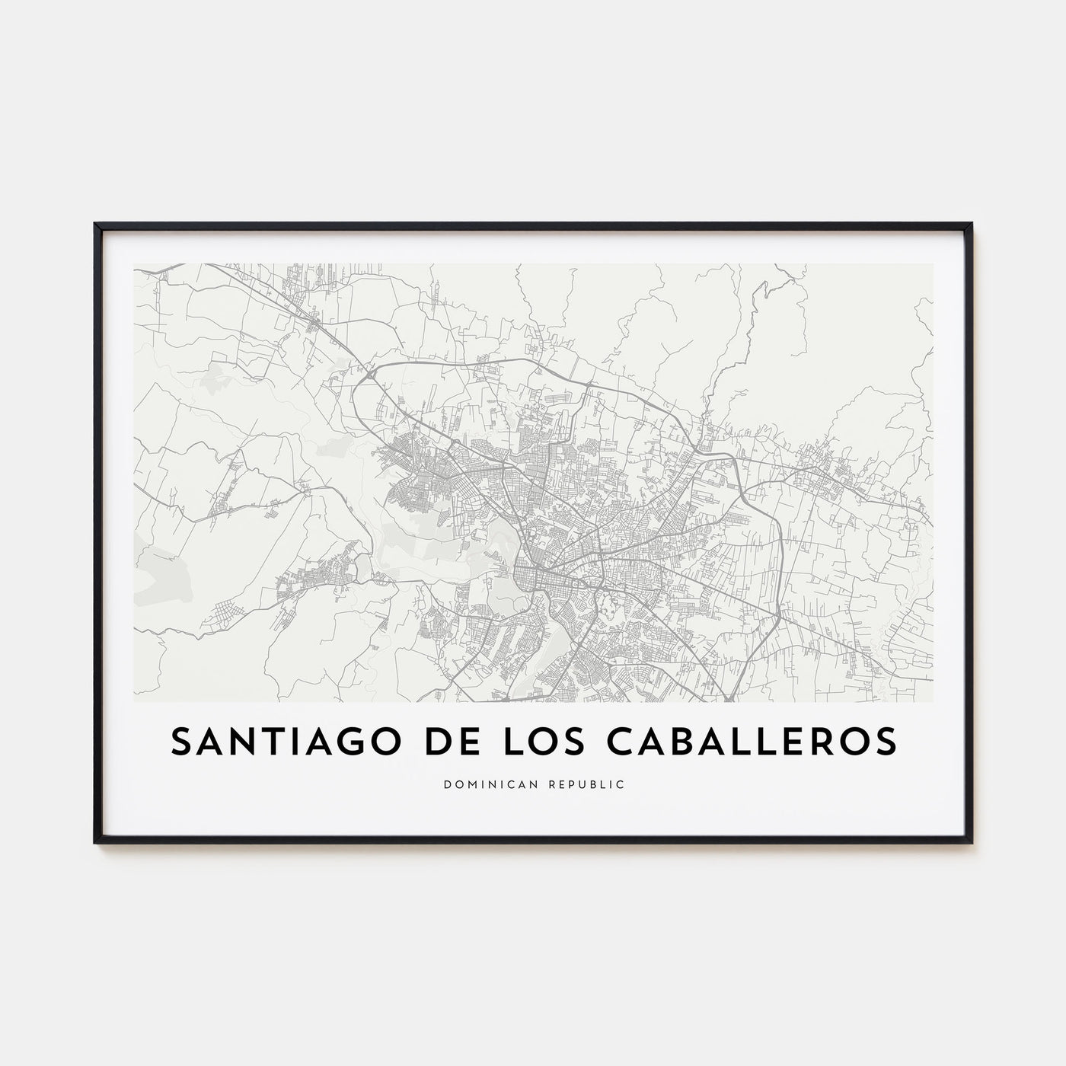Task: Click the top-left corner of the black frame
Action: point(96,225)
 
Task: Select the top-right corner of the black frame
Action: point(971,225)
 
